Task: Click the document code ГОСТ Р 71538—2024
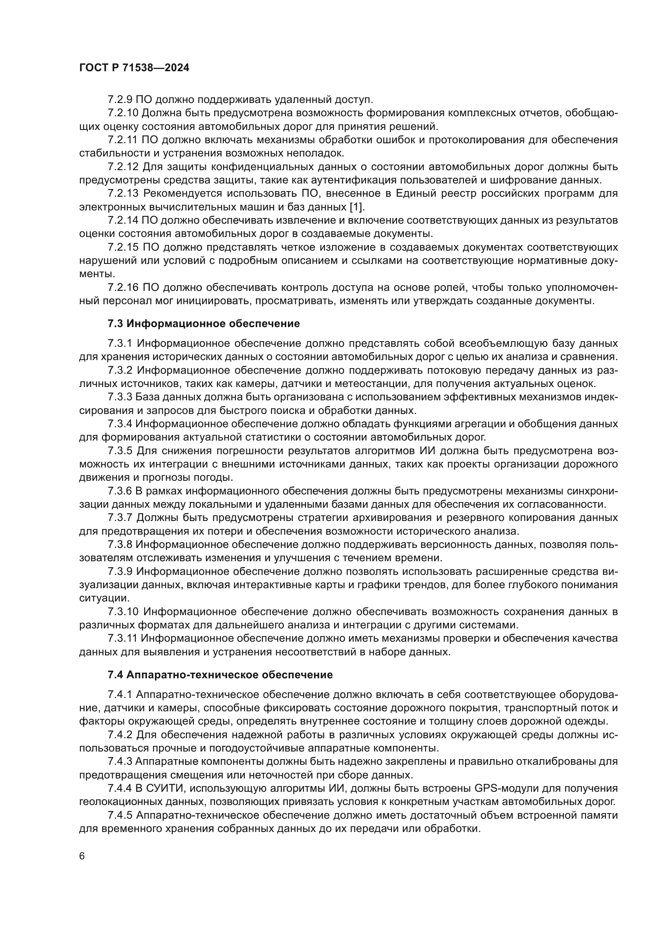click(134, 68)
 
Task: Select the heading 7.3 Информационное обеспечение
click(203, 323)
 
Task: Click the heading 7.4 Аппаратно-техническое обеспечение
click(220, 675)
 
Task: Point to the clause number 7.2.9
click(120, 99)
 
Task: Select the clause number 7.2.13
click(123, 193)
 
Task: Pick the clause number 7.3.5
click(120, 451)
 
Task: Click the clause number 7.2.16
click(123, 287)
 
